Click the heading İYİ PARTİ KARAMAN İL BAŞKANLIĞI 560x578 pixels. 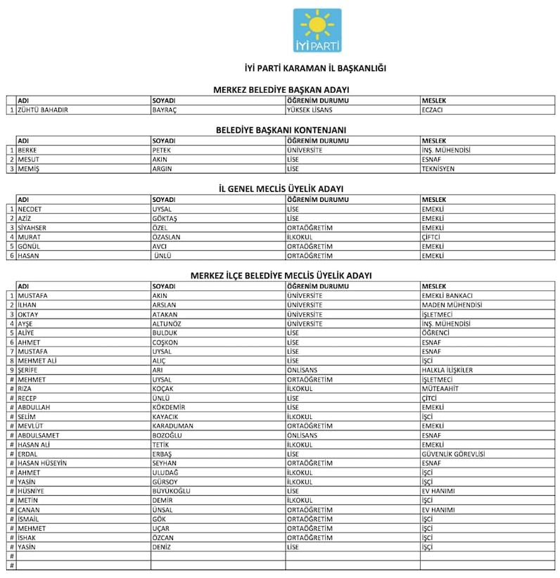(x=314, y=68)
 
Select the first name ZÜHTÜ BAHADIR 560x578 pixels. (x=43, y=110)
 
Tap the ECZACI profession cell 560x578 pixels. (x=432, y=110)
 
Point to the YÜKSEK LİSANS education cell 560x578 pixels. (x=310, y=110)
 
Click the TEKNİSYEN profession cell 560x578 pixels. (x=438, y=169)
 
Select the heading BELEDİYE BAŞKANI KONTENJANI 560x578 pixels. (x=281, y=130)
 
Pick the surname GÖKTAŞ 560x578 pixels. (x=165, y=218)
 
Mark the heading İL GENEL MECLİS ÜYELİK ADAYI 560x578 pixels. (x=281, y=188)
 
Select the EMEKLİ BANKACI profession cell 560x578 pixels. (x=447, y=295)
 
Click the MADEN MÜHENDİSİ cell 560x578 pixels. (x=452, y=304)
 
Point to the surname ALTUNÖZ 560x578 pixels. (x=169, y=323)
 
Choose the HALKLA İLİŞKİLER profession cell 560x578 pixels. (x=447, y=369)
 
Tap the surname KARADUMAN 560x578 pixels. (x=172, y=425)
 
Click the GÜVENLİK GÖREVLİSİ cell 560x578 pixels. (x=453, y=454)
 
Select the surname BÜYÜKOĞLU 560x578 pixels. (x=171, y=491)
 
